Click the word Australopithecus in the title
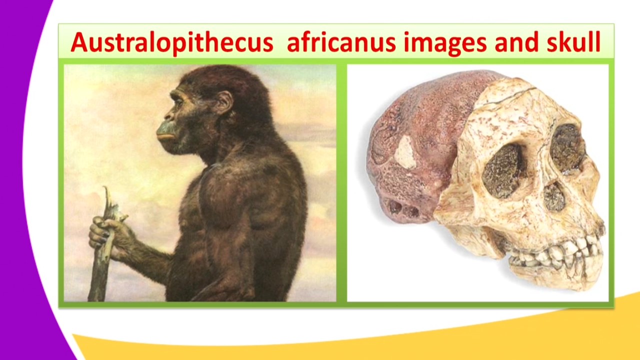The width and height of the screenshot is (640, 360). pos(171,42)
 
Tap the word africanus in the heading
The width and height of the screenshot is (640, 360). pos(341,42)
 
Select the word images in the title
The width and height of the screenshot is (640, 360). pos(444,42)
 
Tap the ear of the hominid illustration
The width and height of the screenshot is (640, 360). pos(224,102)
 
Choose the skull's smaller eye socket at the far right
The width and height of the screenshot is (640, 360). pos(567,147)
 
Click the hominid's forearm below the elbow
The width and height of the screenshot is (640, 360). pos(145,255)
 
